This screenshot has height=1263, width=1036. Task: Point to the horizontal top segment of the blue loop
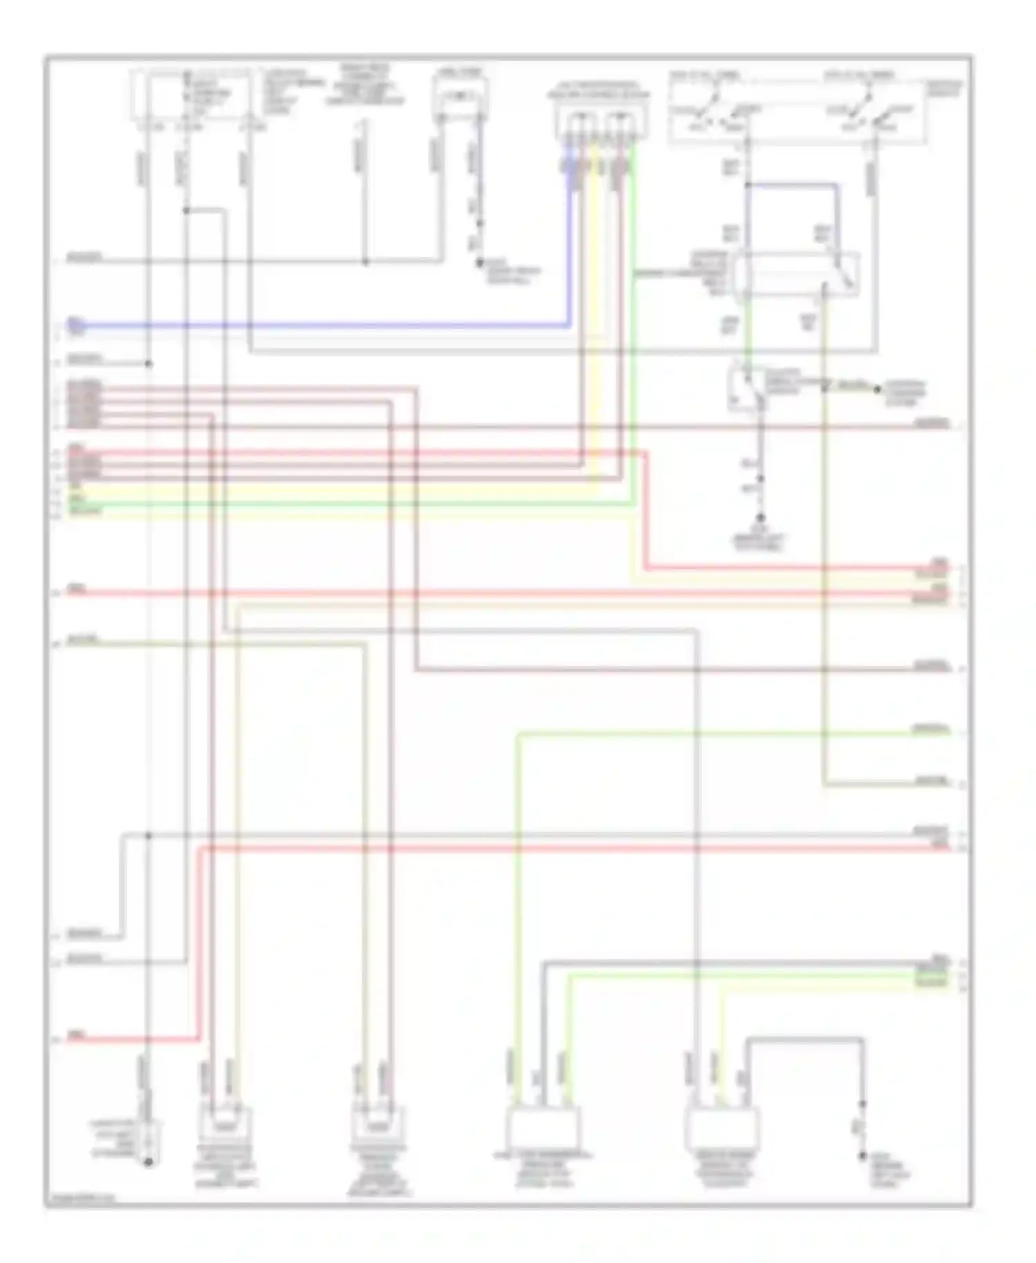(793, 185)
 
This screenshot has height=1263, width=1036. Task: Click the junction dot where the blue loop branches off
(747, 185)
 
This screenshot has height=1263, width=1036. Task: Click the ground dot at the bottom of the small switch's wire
(760, 517)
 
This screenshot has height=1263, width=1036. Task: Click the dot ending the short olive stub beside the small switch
(878, 390)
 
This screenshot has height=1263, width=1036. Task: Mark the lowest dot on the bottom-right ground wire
(862, 1156)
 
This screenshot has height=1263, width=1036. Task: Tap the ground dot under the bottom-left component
(148, 1162)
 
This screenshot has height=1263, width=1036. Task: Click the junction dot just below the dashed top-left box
(186, 210)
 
